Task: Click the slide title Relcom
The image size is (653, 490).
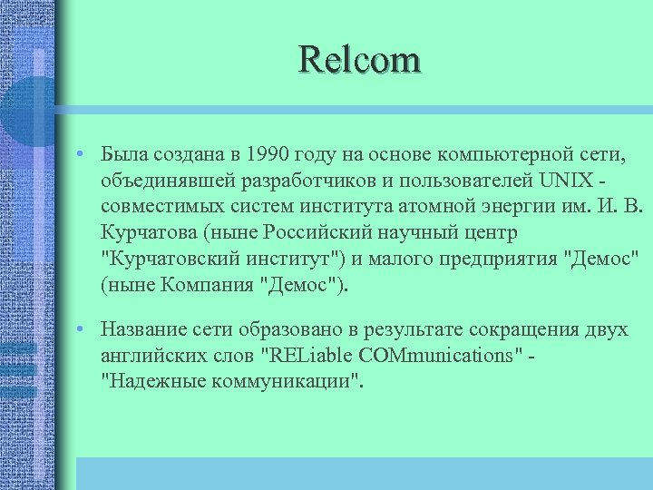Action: click(360, 61)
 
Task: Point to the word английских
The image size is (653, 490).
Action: click(160, 355)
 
